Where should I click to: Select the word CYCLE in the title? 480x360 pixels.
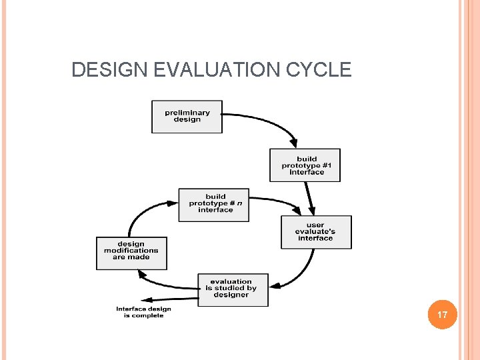point(319,70)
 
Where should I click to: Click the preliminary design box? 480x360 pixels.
point(187,117)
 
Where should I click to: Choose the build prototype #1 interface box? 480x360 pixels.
point(305,165)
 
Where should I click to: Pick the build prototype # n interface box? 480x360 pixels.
point(213,204)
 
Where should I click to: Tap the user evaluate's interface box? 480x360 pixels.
point(316,232)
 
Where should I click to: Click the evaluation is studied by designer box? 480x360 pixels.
point(233,289)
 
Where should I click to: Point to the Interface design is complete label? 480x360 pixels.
point(143,312)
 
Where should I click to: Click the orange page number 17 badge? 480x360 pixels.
point(442,314)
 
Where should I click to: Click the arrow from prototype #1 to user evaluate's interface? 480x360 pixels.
point(309,197)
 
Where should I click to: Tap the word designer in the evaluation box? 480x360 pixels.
point(231,295)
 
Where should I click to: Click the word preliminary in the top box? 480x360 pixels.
point(187,113)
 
